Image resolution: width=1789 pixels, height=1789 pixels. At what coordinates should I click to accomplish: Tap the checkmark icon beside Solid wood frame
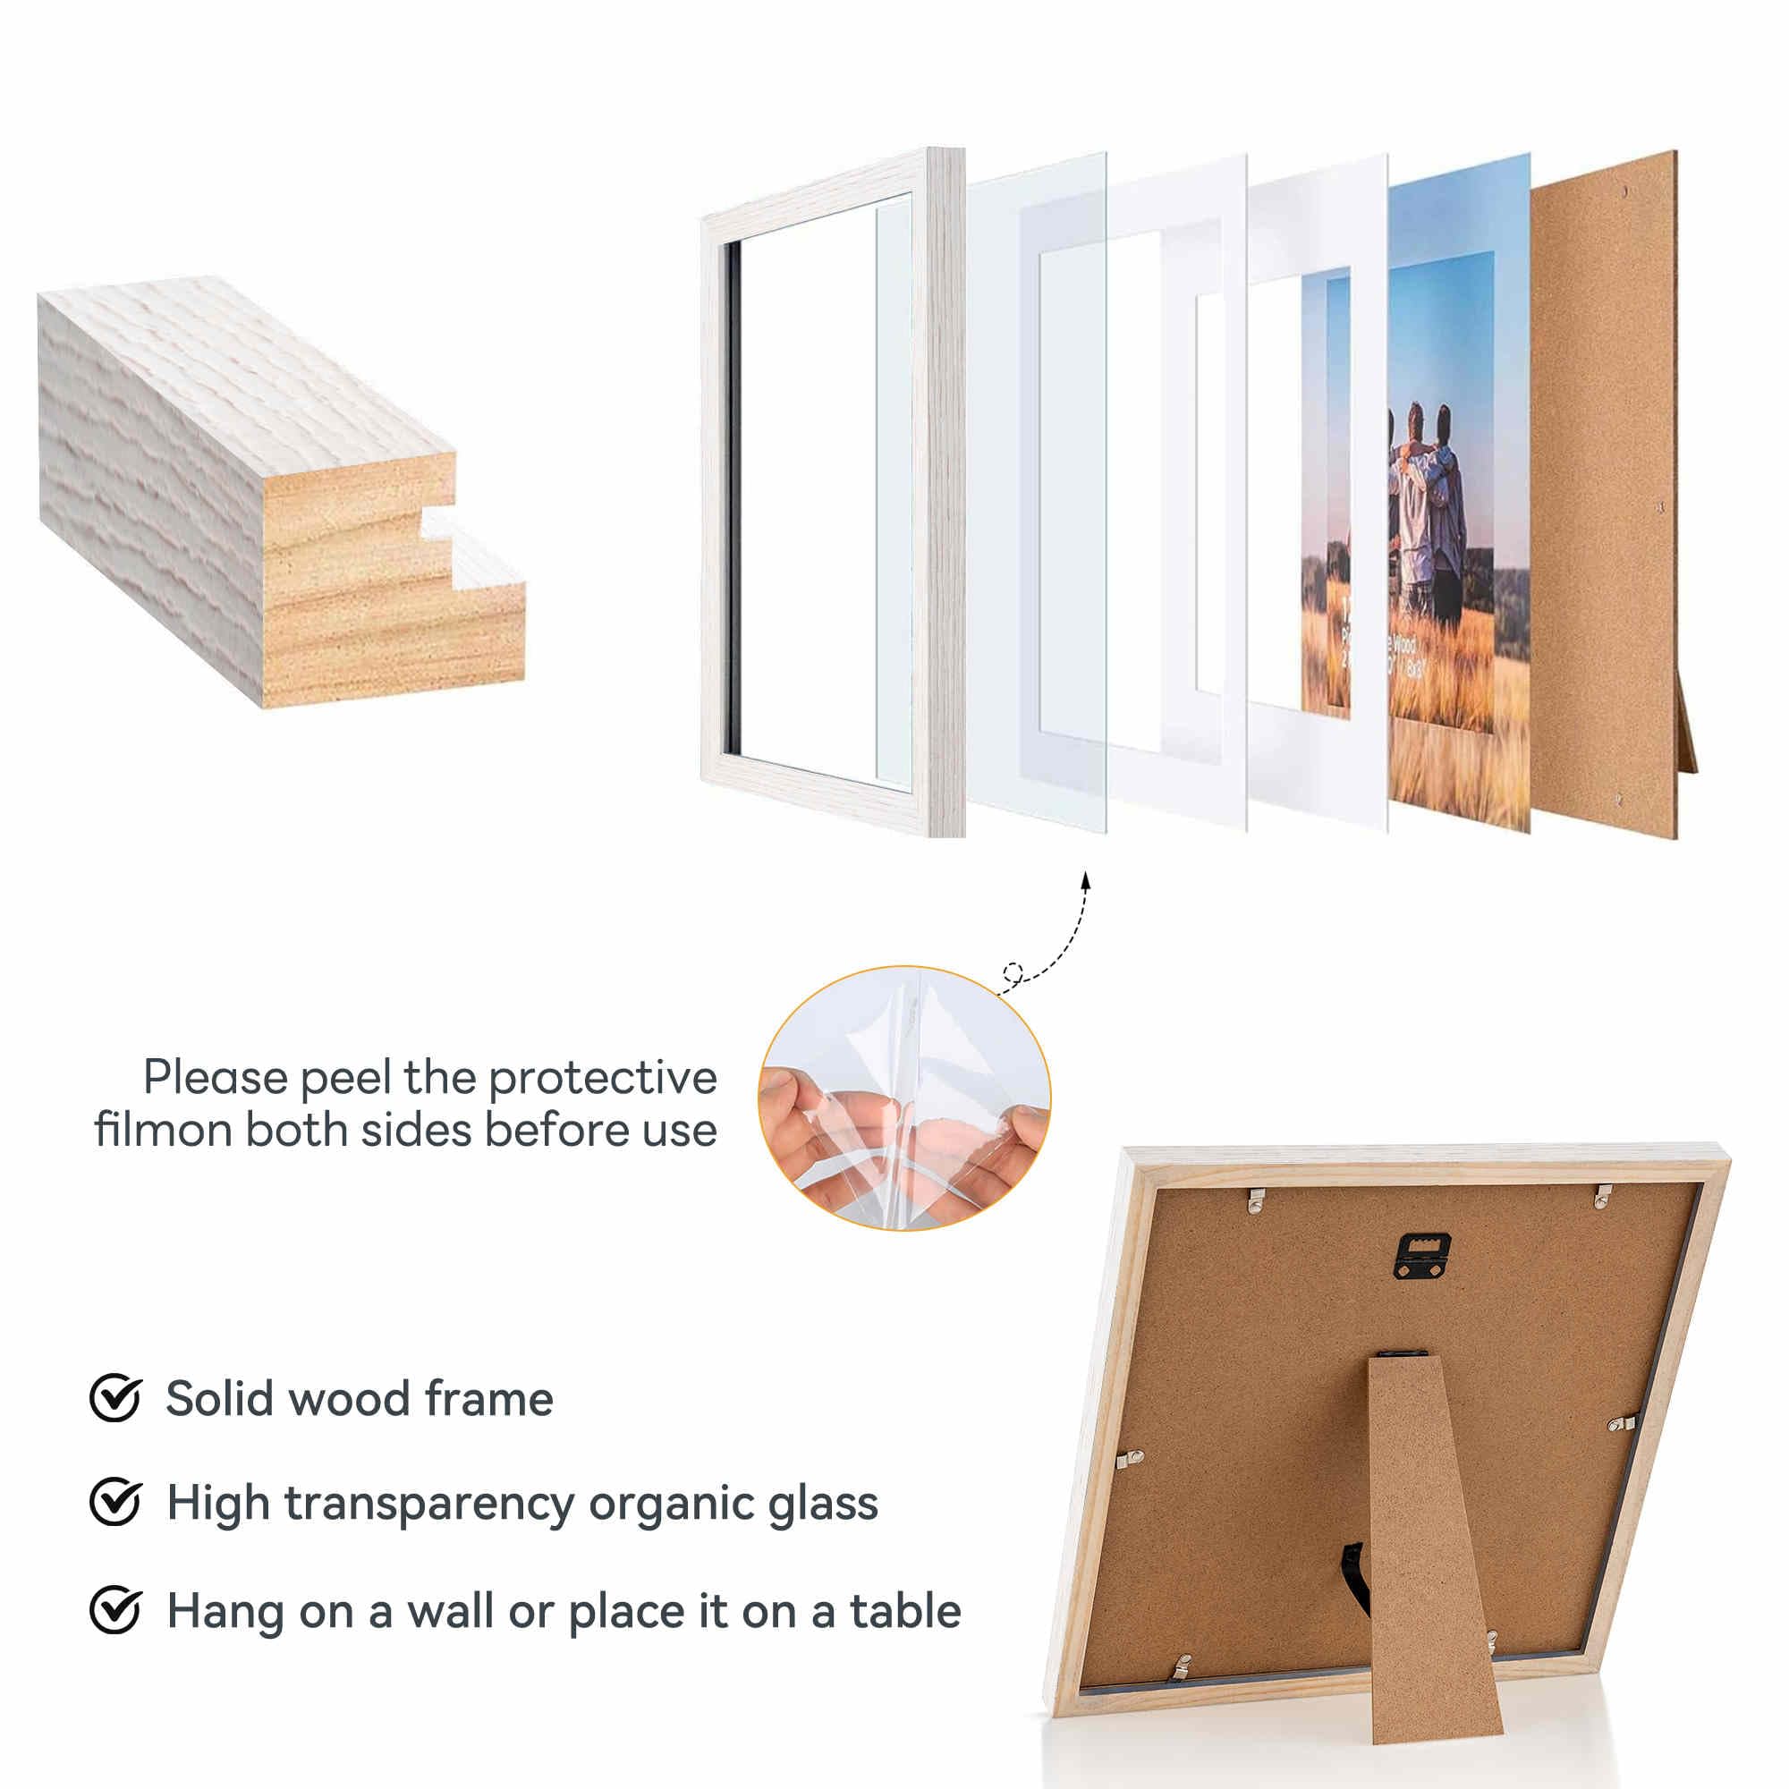[114, 1398]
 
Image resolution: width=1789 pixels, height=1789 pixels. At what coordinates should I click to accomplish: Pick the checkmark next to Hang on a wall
[114, 1610]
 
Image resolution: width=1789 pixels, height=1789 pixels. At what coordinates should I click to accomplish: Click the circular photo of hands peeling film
[903, 1098]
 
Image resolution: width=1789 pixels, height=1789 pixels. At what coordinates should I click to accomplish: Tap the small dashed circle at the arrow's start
[1013, 973]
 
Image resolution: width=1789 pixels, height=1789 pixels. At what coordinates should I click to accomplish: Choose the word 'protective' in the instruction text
[602, 1079]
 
